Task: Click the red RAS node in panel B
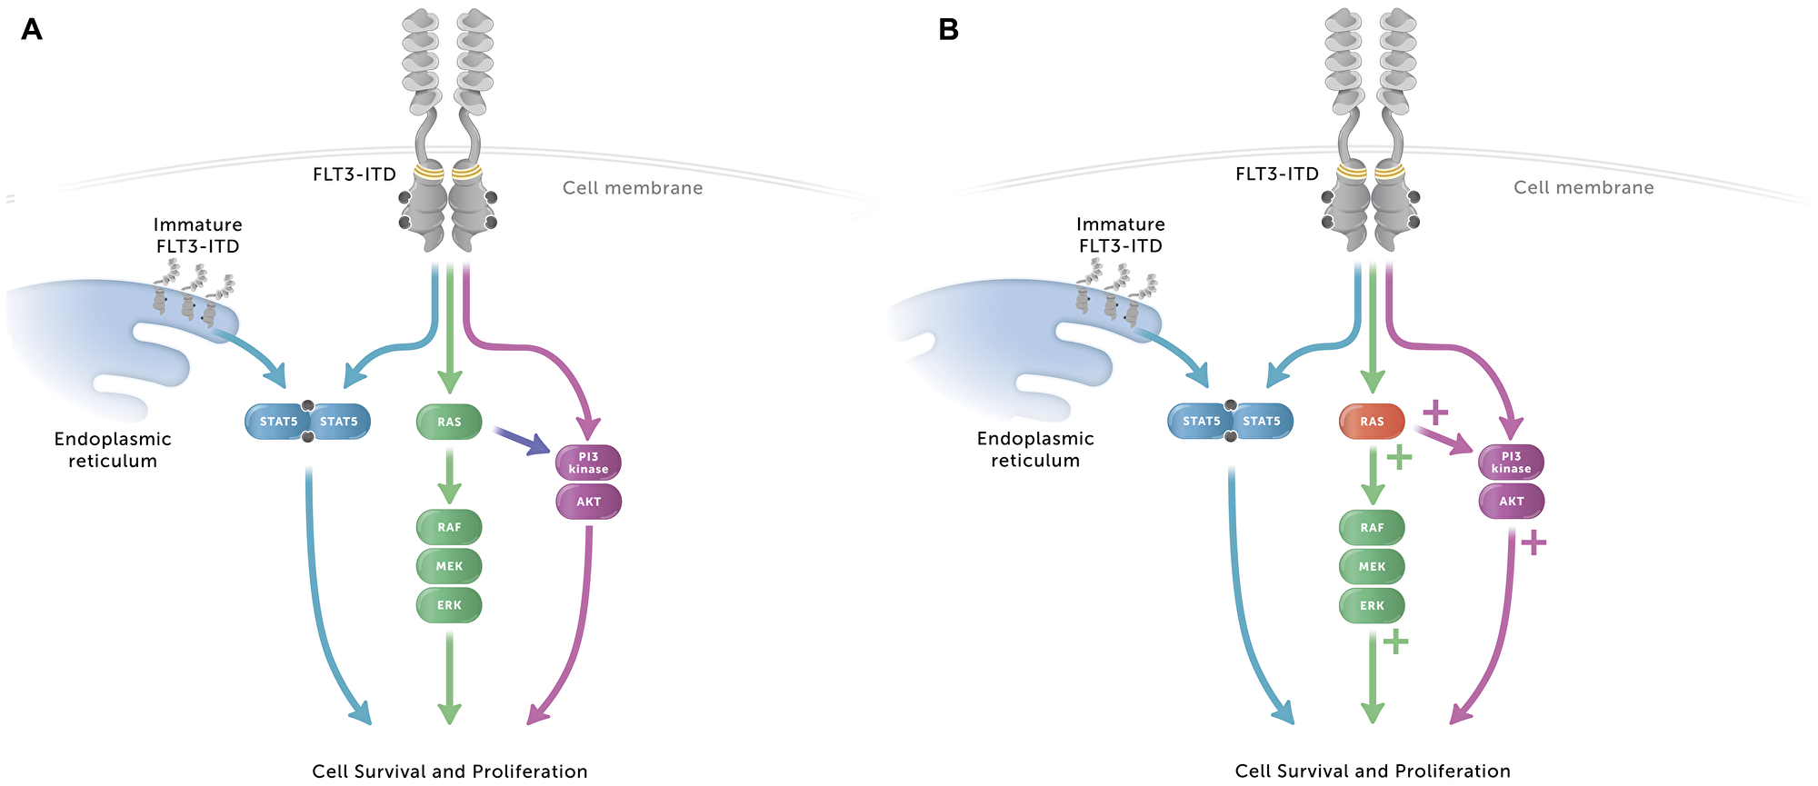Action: (x=1372, y=422)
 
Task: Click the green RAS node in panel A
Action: (x=449, y=422)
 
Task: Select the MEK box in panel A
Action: (x=449, y=566)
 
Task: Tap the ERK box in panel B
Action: (x=1372, y=605)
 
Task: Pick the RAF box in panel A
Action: (x=449, y=527)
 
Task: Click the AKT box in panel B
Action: (x=1511, y=502)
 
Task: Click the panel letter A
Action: (x=31, y=30)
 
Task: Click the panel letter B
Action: (x=948, y=30)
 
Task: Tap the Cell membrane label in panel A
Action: (x=633, y=188)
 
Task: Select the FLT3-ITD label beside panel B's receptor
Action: (x=1276, y=174)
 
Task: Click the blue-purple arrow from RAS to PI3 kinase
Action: (x=522, y=440)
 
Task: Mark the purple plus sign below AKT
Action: (x=1533, y=543)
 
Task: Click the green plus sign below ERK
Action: (x=1395, y=642)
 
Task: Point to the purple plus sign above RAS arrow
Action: (x=1435, y=413)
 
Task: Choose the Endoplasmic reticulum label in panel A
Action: (x=113, y=450)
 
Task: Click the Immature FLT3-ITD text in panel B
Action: (x=1120, y=234)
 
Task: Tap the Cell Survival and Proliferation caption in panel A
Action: (x=449, y=771)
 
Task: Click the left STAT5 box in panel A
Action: (x=278, y=422)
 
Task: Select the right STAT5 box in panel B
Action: (x=1262, y=422)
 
